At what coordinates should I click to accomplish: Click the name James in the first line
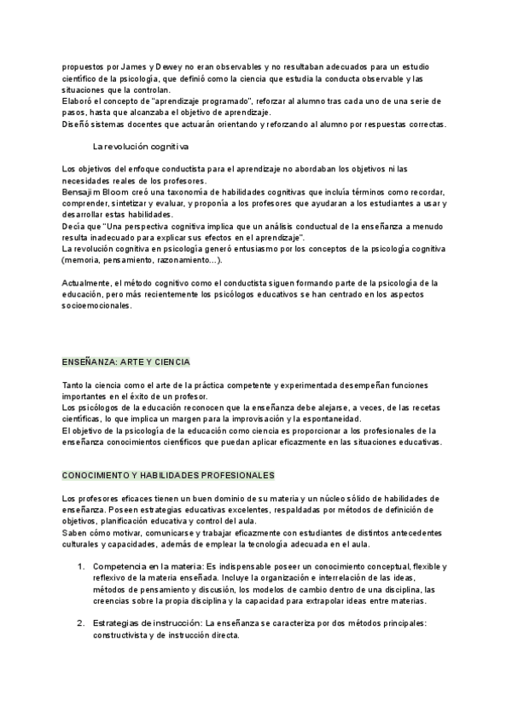125,66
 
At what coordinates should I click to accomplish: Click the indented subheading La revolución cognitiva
141,146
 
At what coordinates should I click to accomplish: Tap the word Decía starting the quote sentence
75,225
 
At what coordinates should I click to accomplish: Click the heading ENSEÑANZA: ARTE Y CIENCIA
126,361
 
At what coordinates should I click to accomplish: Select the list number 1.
81,566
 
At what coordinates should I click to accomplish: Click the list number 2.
81,623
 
